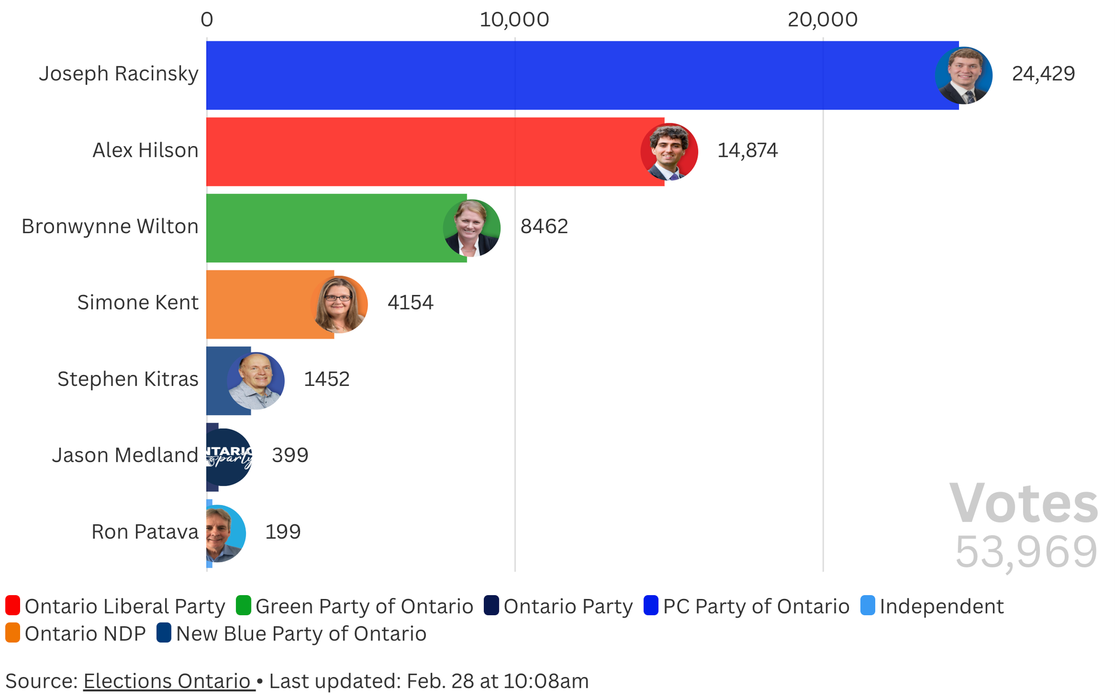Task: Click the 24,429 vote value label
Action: pos(1043,74)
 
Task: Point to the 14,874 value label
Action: pos(747,151)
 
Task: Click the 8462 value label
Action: pos(544,226)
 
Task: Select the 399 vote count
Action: pos(290,455)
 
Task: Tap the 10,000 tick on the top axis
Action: pos(514,20)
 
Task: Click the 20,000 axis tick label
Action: pos(822,20)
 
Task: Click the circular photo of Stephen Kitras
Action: pos(256,381)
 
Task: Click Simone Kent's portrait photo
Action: pos(339,305)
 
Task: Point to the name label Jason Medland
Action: pos(125,455)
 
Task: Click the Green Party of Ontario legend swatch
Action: pos(244,606)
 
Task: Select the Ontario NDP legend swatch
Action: pos(13,633)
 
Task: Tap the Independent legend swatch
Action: pos(867,606)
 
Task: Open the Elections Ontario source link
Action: pos(169,681)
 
